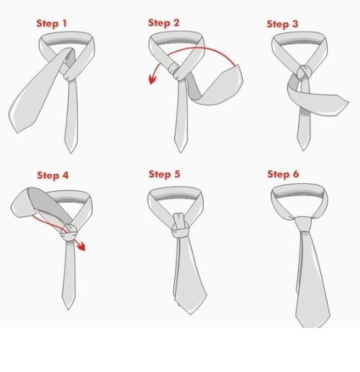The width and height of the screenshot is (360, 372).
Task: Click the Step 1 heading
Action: pyautogui.click(x=52, y=24)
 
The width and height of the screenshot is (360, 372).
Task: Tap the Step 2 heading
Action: pyautogui.click(x=163, y=23)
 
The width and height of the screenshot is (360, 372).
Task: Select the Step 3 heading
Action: pyautogui.click(x=282, y=24)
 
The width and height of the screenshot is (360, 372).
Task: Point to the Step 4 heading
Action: pyautogui.click(x=53, y=175)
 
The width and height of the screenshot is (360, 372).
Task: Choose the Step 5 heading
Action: pyautogui.click(x=164, y=174)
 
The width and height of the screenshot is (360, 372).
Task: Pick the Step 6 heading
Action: pyautogui.click(x=283, y=174)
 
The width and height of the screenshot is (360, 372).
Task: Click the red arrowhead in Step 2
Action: pyautogui.click(x=153, y=79)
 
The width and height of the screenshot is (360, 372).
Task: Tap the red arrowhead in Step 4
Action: pyautogui.click(x=81, y=247)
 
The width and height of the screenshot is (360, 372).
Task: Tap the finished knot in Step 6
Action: pyautogui.click(x=303, y=224)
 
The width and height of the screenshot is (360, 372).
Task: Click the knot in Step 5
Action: pyautogui.click(x=180, y=225)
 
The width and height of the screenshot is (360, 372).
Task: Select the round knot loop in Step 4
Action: pyautogui.click(x=69, y=233)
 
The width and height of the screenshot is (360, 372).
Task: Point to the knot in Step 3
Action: pyautogui.click(x=305, y=71)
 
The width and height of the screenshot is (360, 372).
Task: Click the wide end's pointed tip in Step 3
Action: pyautogui.click(x=348, y=102)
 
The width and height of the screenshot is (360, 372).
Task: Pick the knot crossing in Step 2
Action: pyautogui.click(x=176, y=71)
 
